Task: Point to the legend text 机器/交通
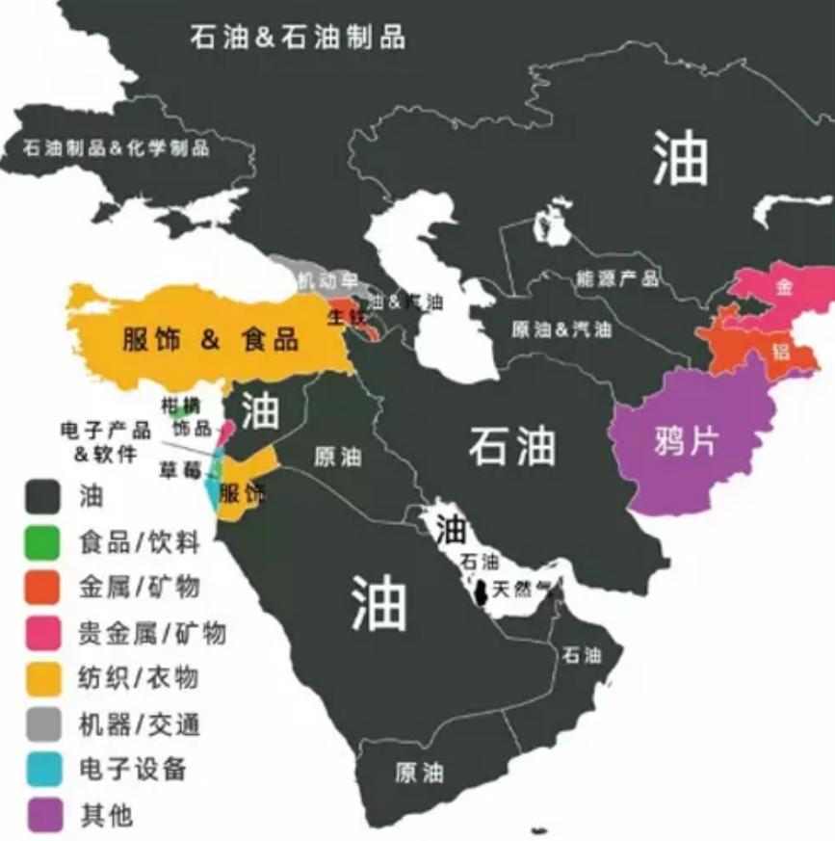[x=139, y=723]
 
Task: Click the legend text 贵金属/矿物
[x=151, y=632]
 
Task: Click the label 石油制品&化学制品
[x=116, y=148]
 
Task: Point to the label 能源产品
[x=617, y=278]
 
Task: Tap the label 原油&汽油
[x=561, y=329]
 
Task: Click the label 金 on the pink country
[x=785, y=287]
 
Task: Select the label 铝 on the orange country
[x=780, y=352]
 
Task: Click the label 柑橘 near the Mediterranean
[x=178, y=406]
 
